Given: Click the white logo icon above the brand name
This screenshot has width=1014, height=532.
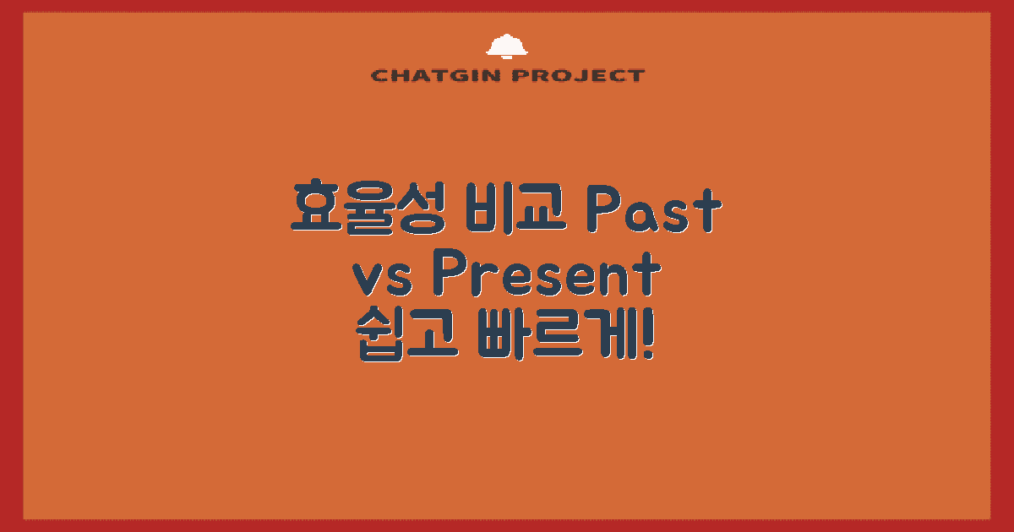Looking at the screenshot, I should [507, 46].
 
